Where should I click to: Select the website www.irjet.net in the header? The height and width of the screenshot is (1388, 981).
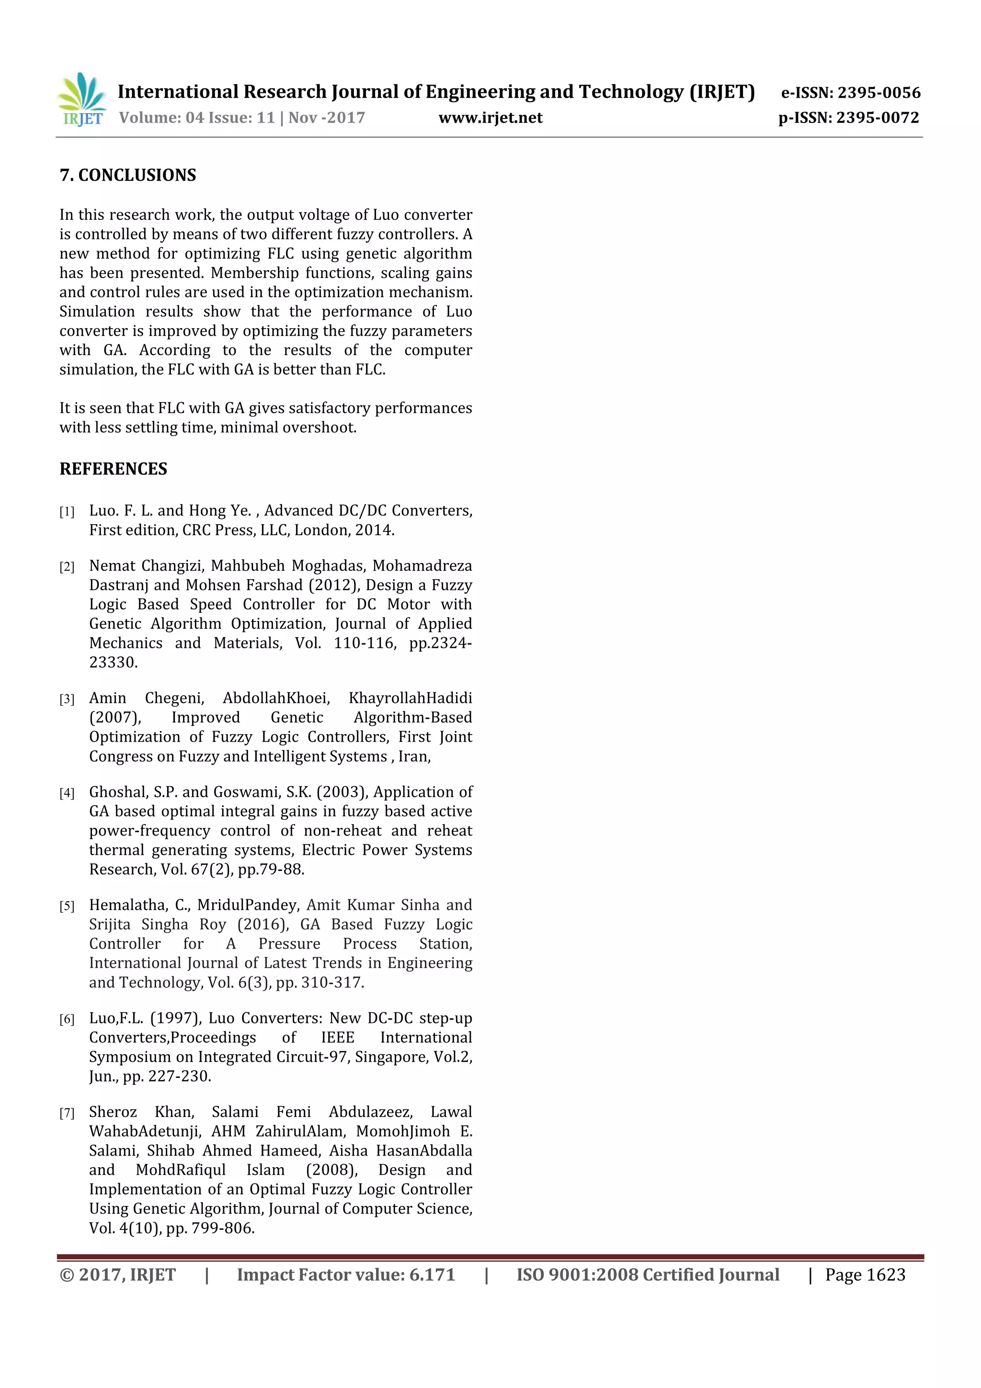tap(490, 118)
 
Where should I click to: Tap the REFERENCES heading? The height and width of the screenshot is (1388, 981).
tap(113, 469)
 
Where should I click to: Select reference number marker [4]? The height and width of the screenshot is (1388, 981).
tap(67, 793)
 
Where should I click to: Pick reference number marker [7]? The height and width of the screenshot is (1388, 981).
tap(67, 1113)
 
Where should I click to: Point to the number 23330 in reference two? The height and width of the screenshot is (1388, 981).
tap(113, 663)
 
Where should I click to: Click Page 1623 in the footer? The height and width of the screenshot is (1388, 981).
tap(865, 1275)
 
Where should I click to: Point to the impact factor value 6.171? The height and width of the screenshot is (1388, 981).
tap(432, 1275)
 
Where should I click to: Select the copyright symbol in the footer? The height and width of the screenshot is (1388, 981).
tap(67, 1275)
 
